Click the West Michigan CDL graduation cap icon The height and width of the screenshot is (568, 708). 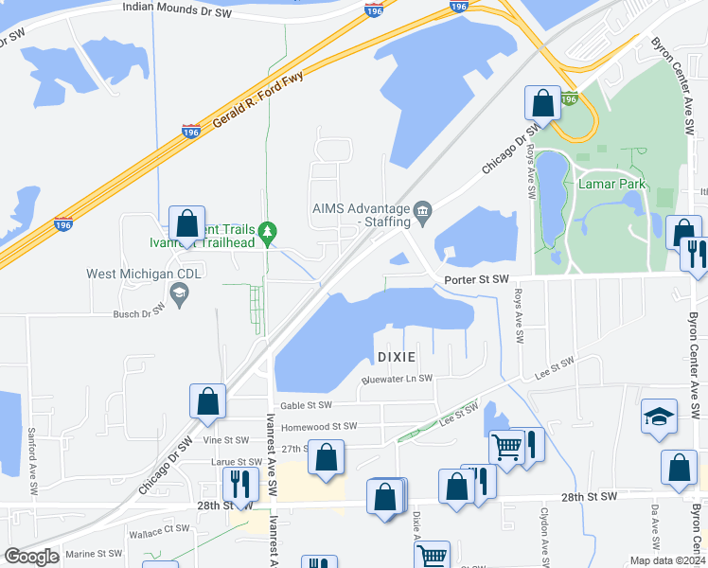[178, 293]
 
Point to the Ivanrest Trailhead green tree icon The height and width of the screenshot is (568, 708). [268, 230]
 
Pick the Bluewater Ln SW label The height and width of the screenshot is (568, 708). [398, 379]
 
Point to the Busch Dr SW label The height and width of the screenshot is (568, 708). [139, 312]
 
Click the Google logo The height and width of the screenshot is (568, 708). [31, 557]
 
